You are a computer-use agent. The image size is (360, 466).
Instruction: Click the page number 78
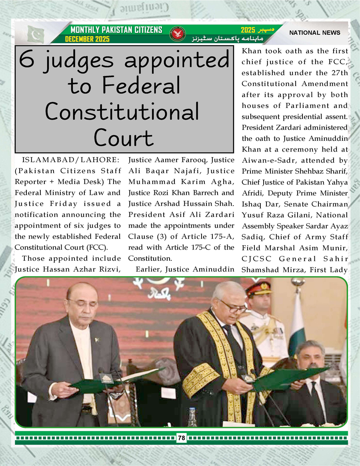coord(182,438)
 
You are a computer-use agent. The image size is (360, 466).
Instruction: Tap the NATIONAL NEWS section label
coord(315,33)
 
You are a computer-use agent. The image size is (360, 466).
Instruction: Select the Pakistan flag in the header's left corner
coord(36,34)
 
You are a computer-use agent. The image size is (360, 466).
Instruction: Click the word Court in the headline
coord(123,138)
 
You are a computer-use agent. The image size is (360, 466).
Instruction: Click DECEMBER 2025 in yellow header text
coord(87,39)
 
